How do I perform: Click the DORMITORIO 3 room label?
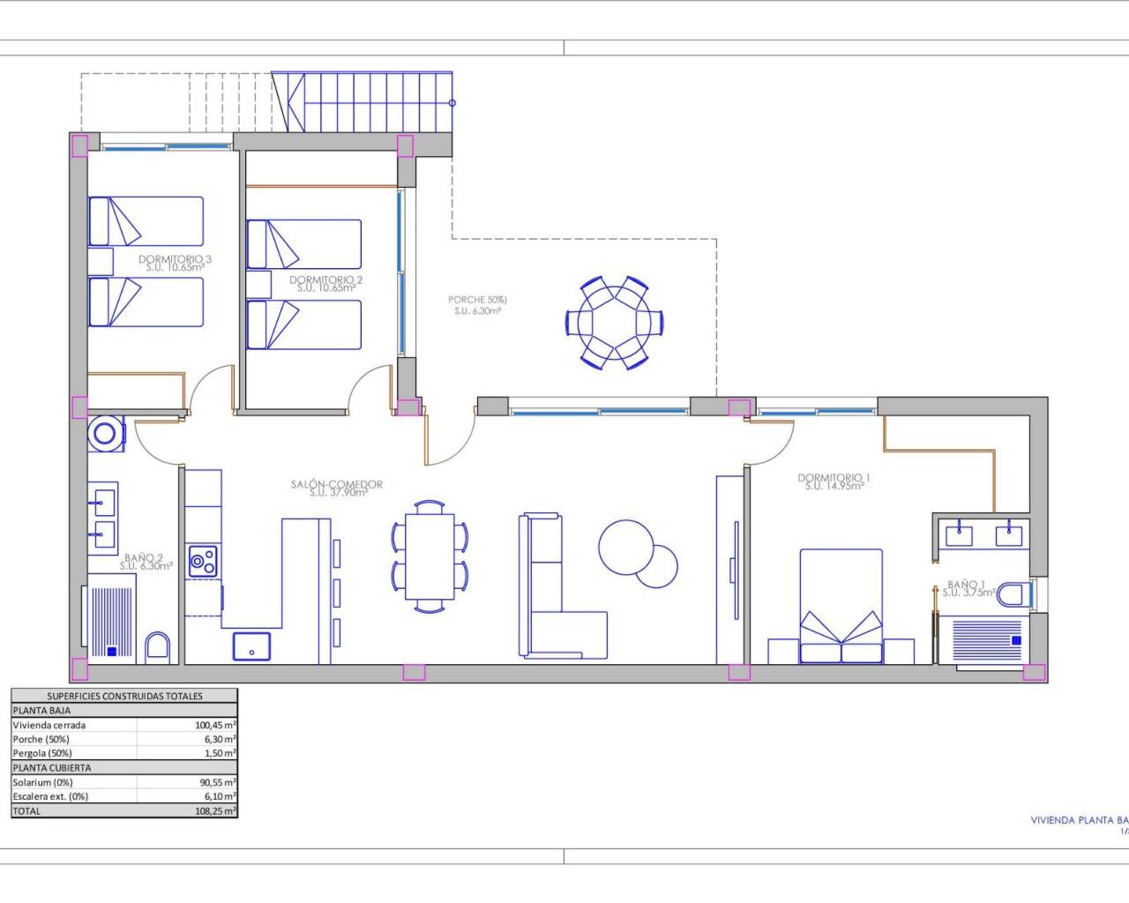coord(175,259)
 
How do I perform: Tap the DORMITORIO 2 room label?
coord(325,280)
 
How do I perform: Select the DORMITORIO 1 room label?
coord(834,478)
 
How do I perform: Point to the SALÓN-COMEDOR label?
coord(337,484)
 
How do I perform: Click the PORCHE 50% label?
coord(477,300)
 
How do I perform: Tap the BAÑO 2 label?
coord(143,558)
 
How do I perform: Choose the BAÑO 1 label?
coord(966,585)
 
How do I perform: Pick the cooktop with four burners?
coord(203,562)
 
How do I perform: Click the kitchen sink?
coord(252,646)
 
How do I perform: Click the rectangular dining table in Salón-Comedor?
coord(430,556)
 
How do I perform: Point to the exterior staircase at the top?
coord(363,102)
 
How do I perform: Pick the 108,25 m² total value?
coord(215,810)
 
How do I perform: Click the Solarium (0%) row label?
coord(42,782)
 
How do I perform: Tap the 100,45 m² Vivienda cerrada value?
coord(215,725)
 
